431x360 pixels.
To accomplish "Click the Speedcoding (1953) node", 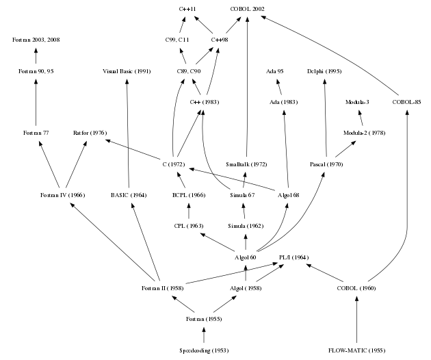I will point(203,350).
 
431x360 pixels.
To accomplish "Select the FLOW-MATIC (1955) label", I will point(356,350).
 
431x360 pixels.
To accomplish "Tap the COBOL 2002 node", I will point(247,9).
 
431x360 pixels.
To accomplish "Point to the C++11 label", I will point(187,9).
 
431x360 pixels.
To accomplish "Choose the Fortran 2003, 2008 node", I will point(36,40).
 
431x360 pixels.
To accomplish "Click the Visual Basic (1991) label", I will point(127,71).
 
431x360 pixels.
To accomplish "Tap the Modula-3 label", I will point(357,102).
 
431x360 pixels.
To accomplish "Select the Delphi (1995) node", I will point(324,71).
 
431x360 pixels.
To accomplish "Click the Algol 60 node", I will point(246,257).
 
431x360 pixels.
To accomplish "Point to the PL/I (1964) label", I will point(294,257).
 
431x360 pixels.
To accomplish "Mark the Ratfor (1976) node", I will point(89,132).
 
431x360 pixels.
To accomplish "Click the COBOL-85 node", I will point(407,102).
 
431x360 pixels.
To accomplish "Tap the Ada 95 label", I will point(279,71).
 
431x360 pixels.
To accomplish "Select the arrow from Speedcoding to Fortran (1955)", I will point(203,335).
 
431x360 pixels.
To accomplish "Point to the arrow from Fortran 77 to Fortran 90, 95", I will point(34,102).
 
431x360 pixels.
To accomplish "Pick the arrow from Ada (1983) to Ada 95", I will point(281,87).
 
